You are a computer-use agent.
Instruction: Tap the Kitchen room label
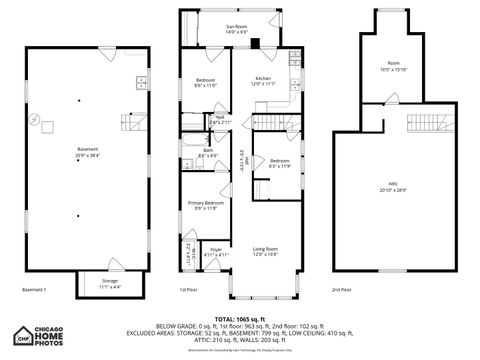pyautogui.click(x=263, y=78)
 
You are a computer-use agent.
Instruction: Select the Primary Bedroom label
pyautogui.click(x=204, y=203)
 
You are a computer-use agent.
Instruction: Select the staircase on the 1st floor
pyautogui.click(x=264, y=123)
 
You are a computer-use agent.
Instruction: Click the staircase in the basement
pyautogui.click(x=132, y=122)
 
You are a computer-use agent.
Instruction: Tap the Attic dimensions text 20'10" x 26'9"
pyautogui.click(x=394, y=189)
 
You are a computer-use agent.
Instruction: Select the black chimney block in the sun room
pyautogui.click(x=255, y=42)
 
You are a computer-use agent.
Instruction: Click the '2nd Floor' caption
pyautogui.click(x=342, y=290)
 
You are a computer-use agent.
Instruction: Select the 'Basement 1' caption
pyautogui.click(x=34, y=290)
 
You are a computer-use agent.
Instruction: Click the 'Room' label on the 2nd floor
pyautogui.click(x=394, y=63)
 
